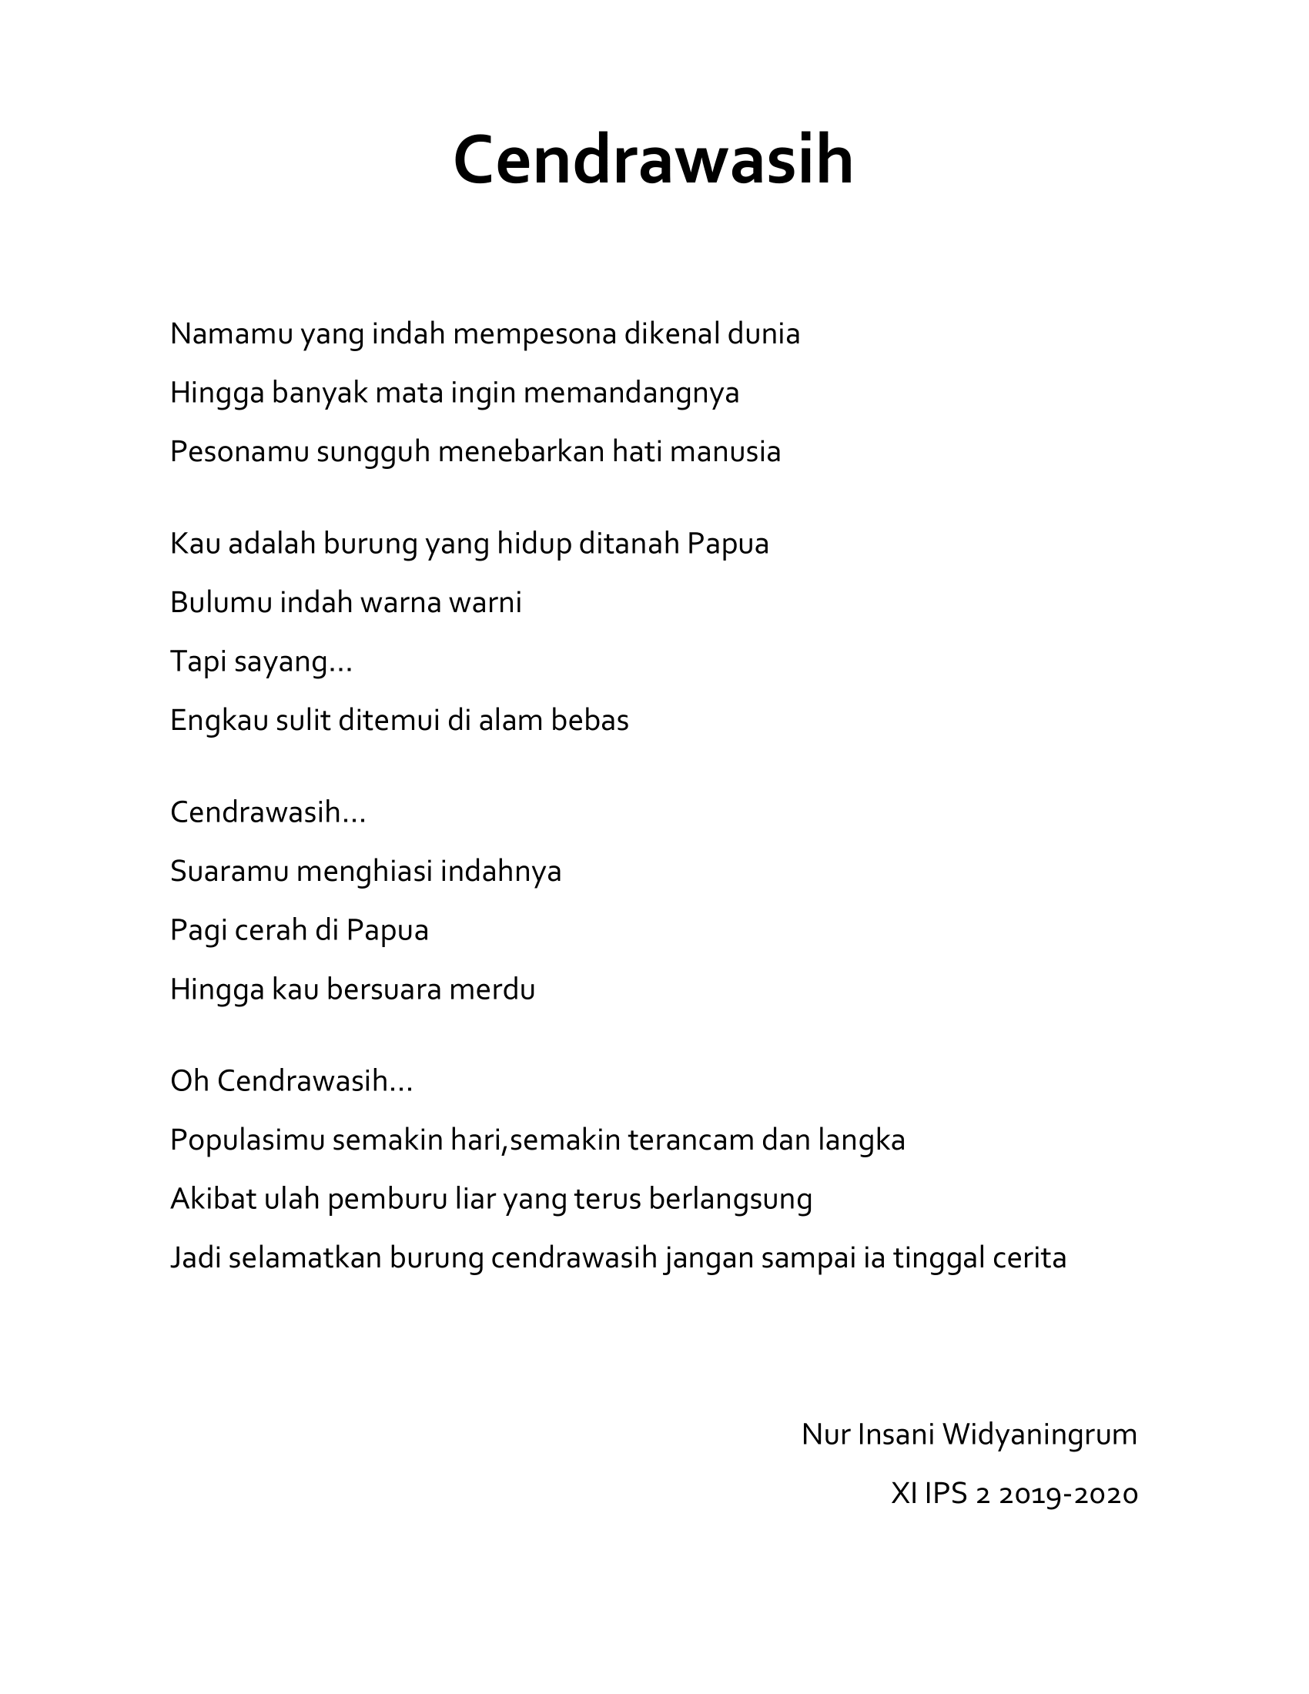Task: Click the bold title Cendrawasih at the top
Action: (x=653, y=161)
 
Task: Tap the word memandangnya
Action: (x=631, y=393)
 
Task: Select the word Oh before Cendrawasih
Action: (x=189, y=1080)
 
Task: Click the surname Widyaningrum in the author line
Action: (x=1039, y=1435)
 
